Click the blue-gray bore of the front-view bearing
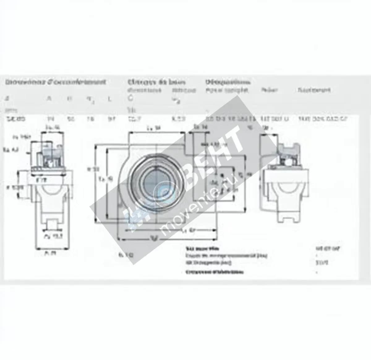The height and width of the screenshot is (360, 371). tap(156, 179)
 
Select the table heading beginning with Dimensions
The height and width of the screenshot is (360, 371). tap(56, 82)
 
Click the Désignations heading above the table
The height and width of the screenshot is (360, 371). tap(228, 82)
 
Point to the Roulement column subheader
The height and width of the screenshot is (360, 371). tap(314, 90)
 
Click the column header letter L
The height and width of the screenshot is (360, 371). tap(109, 99)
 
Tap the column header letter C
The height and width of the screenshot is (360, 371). tap(131, 99)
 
